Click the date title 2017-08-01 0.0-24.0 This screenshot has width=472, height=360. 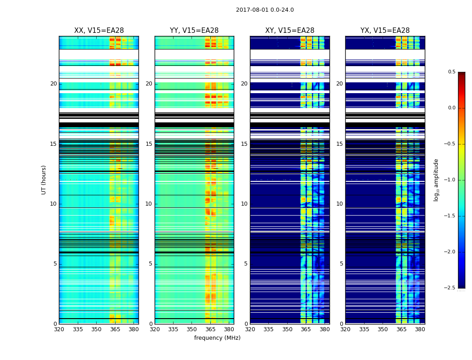click(x=265, y=10)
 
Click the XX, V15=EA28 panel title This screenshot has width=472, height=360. click(x=99, y=31)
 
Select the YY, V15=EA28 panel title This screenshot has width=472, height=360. click(x=194, y=31)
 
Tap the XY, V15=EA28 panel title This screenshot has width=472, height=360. click(x=289, y=31)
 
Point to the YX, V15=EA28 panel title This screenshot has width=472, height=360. click(x=385, y=31)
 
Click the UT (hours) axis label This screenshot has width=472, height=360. click(x=44, y=180)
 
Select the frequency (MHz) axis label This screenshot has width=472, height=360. click(x=217, y=338)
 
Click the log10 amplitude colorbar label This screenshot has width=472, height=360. click(x=436, y=180)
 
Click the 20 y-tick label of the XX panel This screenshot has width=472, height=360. click(x=53, y=84)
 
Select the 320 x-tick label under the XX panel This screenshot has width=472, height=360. click(x=59, y=329)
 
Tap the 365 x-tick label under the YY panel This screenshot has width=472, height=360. click(x=210, y=329)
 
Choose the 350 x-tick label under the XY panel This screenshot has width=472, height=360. click(x=287, y=329)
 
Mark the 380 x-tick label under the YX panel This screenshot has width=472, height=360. click(x=420, y=329)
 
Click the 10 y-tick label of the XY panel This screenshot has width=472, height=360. click(x=244, y=204)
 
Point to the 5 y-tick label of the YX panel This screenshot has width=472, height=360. click(x=341, y=264)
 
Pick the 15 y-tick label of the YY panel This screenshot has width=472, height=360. click(x=149, y=144)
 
